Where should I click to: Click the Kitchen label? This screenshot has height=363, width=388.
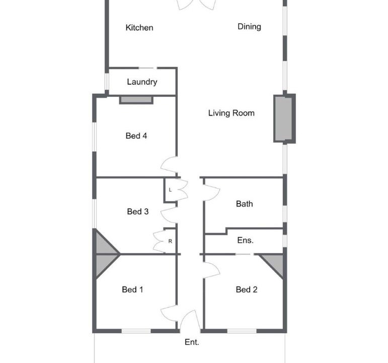139,28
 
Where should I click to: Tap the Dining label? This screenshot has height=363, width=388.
249,27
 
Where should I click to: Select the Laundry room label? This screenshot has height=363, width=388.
142,82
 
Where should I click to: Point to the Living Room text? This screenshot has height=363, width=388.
231,113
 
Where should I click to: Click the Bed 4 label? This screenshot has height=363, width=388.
136,136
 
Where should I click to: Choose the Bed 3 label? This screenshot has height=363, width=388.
137,212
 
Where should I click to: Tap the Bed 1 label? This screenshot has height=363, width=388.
132,289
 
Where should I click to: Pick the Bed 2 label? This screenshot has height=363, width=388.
247,289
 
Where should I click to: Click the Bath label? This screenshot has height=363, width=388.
245,204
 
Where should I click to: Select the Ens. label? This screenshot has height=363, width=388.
245,240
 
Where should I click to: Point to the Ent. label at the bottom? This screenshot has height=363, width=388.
192,342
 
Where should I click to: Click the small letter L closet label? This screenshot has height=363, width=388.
170,190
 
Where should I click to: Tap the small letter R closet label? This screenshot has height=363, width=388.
170,241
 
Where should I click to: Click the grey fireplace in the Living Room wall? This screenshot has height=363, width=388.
283,119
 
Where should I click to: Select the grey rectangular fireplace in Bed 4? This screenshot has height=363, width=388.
136,100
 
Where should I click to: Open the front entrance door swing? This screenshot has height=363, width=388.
190,320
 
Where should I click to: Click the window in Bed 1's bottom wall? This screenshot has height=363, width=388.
136,331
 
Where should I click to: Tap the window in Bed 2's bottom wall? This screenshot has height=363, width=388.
242,331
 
